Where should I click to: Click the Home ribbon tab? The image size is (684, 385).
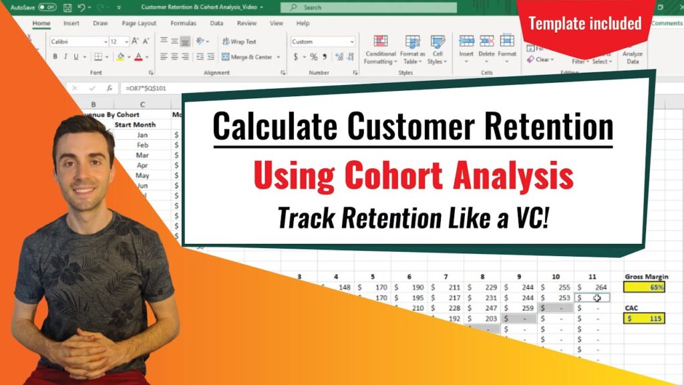41,23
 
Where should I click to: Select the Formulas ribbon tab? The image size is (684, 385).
183,23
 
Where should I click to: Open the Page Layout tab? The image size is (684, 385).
138,23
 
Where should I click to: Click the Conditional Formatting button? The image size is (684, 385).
380,50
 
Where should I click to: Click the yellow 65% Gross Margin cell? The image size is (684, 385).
645,287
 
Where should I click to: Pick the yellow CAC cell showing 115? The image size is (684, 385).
645,319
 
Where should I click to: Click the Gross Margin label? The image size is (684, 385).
646,276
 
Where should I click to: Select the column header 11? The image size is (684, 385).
592,276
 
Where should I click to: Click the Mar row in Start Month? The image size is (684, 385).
142,155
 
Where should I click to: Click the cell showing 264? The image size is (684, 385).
592,287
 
